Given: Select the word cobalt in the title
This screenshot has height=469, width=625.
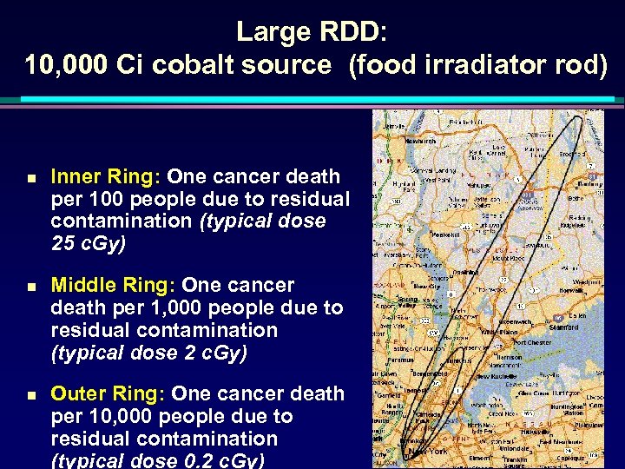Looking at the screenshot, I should pyautogui.click(x=197, y=65).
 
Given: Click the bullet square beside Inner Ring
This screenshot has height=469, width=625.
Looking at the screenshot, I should pyautogui.click(x=30, y=177).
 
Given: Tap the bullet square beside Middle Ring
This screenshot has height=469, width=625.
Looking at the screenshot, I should pyautogui.click(x=30, y=286).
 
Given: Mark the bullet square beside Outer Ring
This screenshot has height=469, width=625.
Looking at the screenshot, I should pyautogui.click(x=30, y=394).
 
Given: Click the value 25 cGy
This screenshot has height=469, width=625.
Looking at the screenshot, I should pyautogui.click(x=89, y=244).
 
